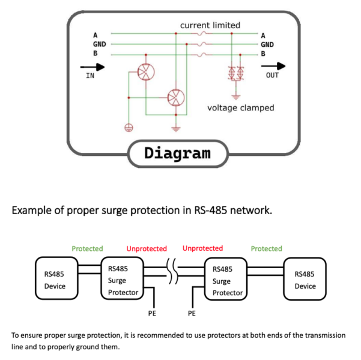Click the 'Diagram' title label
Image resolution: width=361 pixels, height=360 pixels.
177,153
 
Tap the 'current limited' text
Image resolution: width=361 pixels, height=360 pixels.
210,25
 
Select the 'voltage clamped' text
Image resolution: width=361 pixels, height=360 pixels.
240,108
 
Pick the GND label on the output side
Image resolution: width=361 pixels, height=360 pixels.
267,44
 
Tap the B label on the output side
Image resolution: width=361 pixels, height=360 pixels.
263,54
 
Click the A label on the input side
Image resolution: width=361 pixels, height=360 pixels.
95,35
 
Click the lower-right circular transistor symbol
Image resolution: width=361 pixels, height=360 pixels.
175,97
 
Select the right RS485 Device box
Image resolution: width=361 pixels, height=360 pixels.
305,278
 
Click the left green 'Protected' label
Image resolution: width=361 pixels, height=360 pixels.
88,248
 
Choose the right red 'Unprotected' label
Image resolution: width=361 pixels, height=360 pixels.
202,248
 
